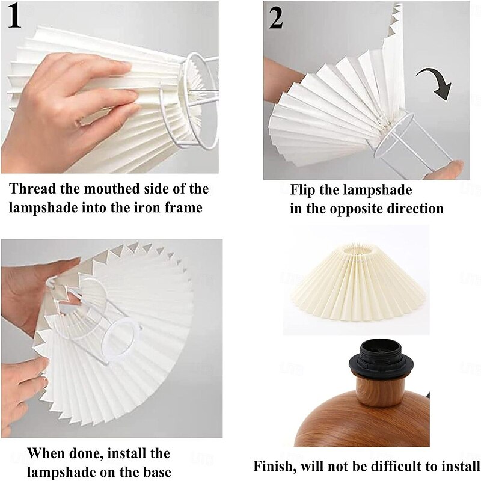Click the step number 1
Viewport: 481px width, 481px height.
(14, 17)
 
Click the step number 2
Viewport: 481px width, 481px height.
(276, 18)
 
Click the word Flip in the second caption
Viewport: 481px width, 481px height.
(302, 190)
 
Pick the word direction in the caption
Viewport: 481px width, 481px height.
(415, 209)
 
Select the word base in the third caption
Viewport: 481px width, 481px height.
(157, 472)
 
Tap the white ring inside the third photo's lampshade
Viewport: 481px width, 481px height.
(120, 338)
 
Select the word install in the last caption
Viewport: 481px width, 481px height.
(461, 466)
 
